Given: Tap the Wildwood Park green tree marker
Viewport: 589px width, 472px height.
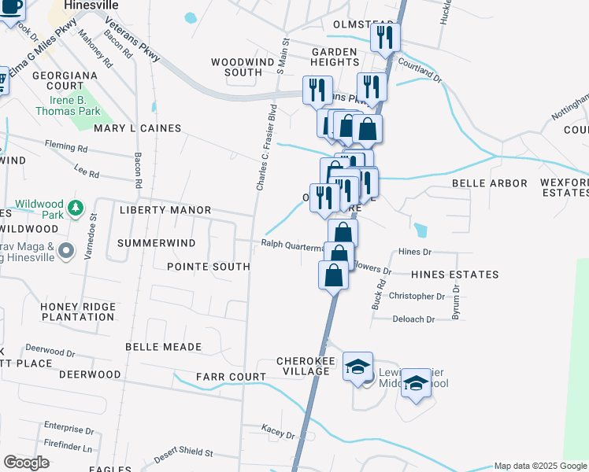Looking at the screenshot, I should point(75,208).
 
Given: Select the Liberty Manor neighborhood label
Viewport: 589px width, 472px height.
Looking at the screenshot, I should point(165,210).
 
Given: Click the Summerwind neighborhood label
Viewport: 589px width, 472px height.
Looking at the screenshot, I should point(156,243).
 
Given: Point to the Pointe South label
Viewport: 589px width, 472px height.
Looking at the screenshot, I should point(209,267).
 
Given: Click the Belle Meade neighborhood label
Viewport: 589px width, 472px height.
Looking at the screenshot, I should point(164,347).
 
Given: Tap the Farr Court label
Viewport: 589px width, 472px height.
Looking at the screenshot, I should point(231,377).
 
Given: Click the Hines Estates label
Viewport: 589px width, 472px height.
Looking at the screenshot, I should point(454,275).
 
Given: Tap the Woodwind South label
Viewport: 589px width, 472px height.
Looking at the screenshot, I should point(236,66).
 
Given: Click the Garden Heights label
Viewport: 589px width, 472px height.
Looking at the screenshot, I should point(334,56).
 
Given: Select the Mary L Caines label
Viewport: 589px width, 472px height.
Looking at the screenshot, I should point(138,127).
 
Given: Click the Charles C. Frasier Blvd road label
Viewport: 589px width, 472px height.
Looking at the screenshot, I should point(265,147).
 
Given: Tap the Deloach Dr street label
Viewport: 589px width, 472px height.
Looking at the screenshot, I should point(413,319).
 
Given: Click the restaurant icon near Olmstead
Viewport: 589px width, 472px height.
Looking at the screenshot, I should point(385,37).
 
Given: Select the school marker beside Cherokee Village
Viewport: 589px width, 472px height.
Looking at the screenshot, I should point(357,367).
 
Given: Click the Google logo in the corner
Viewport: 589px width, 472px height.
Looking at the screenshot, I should point(26,463).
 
